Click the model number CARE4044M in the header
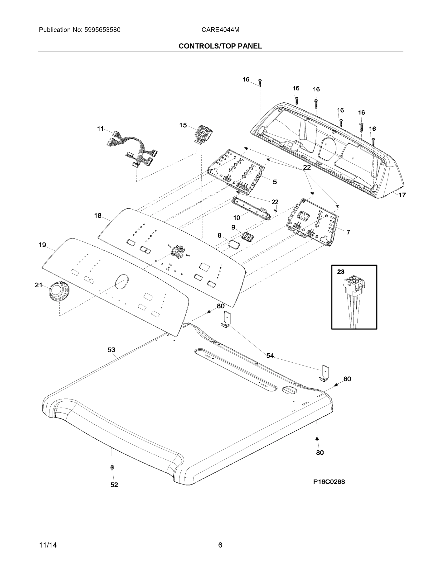pos(220,30)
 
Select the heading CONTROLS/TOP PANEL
pos(220,46)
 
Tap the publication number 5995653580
pos(102,30)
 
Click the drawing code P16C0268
pos(329,482)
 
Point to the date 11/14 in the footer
pos(48,545)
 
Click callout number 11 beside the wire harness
pos(100,129)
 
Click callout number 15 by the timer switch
pos(183,125)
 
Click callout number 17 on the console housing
pos(402,195)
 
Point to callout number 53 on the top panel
pos(111,350)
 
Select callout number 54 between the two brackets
pos(270,356)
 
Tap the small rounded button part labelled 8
pos(234,245)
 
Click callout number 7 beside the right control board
pos(348,232)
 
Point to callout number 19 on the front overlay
pos(42,245)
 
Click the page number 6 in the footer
pos(220,545)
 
